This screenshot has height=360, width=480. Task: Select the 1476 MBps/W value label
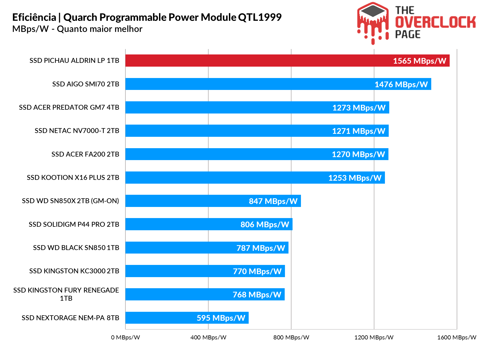coord(401,85)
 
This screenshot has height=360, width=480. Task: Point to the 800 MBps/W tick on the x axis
coord(291,338)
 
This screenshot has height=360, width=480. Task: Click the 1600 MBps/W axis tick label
coord(457,338)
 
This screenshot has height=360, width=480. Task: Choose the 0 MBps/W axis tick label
coord(125,338)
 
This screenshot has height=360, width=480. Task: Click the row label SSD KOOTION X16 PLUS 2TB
coord(73,178)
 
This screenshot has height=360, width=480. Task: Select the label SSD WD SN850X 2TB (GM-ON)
coord(70,201)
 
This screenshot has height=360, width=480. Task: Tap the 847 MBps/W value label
coord(273,201)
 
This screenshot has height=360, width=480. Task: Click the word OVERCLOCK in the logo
coord(435,22)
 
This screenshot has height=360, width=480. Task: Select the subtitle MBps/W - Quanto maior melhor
coord(77,29)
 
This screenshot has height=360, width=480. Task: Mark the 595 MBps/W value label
coord(221,318)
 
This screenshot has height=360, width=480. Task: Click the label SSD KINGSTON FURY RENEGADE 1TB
coord(66,294)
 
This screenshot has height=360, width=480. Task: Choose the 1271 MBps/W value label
coord(359,131)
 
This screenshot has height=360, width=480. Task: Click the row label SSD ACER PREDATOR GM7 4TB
coord(69,108)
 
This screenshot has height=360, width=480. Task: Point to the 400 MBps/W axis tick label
coord(208,338)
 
